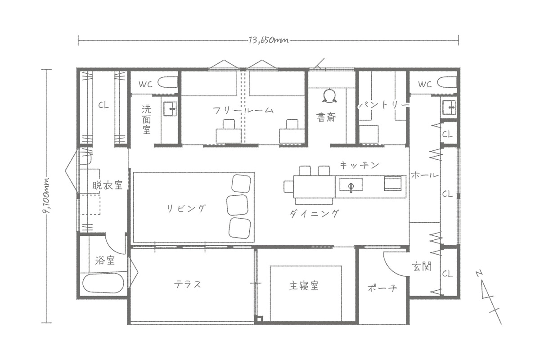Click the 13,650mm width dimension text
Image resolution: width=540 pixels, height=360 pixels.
269,40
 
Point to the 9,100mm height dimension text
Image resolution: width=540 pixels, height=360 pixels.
46,196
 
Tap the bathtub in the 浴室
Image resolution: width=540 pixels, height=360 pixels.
103,283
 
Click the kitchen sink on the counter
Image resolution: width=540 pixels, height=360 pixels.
351,185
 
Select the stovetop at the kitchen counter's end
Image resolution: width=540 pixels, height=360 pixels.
393,184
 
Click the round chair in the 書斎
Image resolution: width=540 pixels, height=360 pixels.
329,96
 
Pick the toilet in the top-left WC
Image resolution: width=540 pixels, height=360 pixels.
168,82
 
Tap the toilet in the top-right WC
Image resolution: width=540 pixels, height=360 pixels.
447,83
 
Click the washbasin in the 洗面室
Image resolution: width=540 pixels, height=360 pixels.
170,109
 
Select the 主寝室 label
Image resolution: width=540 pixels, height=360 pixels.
304,285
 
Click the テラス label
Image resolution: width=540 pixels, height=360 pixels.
187,284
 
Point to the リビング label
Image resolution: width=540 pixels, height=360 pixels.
186,208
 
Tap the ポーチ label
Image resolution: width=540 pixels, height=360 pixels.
382,288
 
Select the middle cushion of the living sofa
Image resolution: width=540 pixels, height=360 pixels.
238,204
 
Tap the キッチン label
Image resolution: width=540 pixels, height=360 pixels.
360,165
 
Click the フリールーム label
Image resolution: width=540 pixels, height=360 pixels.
243,110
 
